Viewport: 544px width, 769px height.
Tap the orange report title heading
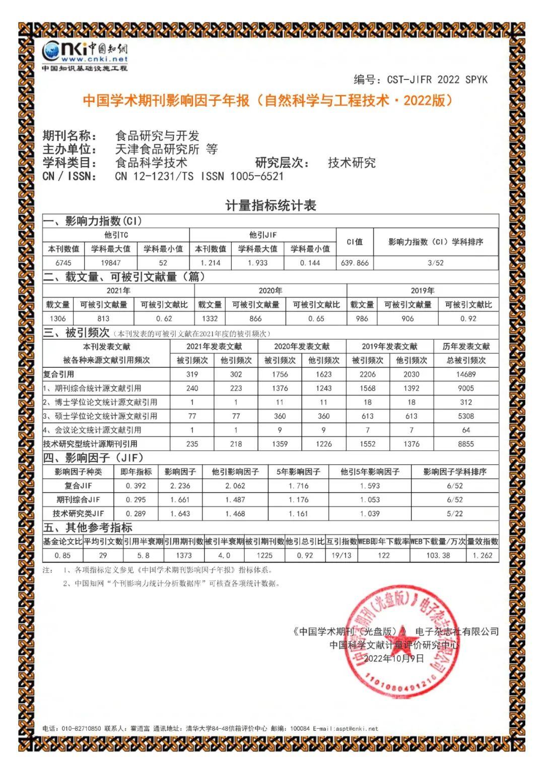pyautogui.click(x=268, y=101)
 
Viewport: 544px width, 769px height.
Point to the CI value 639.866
pyautogui.click(x=355, y=263)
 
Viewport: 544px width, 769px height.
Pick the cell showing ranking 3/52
pyautogui.click(x=435, y=263)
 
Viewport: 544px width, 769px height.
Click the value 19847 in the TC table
pyautogui.click(x=110, y=263)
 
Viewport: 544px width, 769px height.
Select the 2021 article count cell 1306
pyautogui.click(x=57, y=319)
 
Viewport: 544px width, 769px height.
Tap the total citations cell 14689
pyautogui.click(x=465, y=374)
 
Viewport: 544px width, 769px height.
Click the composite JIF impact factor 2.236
pyautogui.click(x=180, y=486)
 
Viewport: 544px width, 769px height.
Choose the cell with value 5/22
pyautogui.click(x=454, y=514)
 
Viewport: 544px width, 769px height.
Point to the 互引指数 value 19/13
pyautogui.click(x=341, y=556)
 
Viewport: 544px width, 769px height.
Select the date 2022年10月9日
pyautogui.click(x=394, y=658)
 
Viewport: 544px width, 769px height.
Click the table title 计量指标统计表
pyautogui.click(x=270, y=205)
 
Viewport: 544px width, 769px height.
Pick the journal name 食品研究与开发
pyautogui.click(x=157, y=136)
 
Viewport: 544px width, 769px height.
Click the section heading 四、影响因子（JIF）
pyautogui.click(x=94, y=458)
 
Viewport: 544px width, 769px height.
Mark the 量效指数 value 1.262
pyautogui.click(x=482, y=556)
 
